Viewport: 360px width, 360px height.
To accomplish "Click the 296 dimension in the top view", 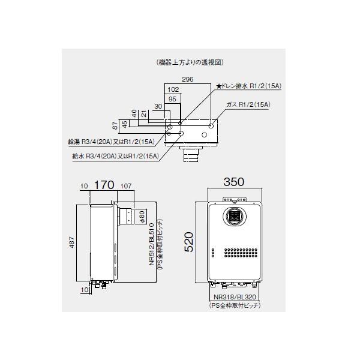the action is (188, 79).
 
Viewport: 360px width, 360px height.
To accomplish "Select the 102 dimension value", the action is (173, 89).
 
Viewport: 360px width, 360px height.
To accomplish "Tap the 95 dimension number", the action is (172, 99).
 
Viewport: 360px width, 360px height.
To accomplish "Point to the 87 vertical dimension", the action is (115, 125).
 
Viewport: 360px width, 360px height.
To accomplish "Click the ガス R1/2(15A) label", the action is (248, 104).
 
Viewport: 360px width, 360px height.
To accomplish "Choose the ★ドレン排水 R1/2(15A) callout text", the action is (249, 86).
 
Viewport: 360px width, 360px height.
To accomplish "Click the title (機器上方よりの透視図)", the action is (190, 62).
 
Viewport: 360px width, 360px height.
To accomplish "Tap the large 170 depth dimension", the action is (104, 185).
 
